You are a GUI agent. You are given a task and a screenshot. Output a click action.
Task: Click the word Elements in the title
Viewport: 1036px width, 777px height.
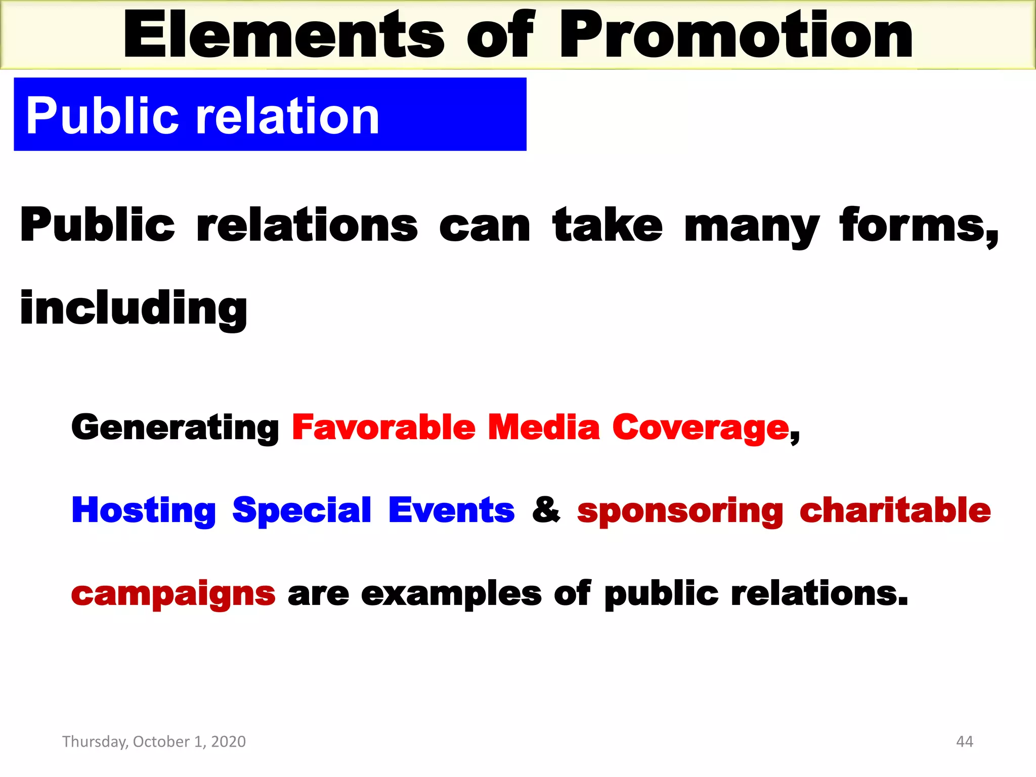pos(283,35)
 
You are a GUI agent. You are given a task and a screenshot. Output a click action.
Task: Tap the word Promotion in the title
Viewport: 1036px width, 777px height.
pos(736,35)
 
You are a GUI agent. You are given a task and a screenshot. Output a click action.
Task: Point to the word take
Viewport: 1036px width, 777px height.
pos(607,225)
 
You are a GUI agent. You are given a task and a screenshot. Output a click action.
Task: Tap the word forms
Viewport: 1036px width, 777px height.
pos(918,225)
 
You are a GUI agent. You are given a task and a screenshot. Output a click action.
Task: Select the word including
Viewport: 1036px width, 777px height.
pos(134,309)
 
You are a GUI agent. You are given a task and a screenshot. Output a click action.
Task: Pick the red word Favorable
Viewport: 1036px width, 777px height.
pos(383,427)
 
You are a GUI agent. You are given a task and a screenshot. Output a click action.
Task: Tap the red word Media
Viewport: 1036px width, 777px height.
pos(543,427)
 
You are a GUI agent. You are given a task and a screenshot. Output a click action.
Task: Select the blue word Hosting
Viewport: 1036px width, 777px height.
pos(144,511)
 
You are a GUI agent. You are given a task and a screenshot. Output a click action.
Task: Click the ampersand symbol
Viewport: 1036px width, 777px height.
pos(546,510)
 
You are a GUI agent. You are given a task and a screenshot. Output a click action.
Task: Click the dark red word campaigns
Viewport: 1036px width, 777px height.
pos(173,595)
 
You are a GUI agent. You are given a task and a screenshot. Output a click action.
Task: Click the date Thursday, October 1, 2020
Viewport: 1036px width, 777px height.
pos(154,742)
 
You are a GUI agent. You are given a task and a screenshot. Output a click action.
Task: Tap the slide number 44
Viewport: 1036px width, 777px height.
pos(964,742)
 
